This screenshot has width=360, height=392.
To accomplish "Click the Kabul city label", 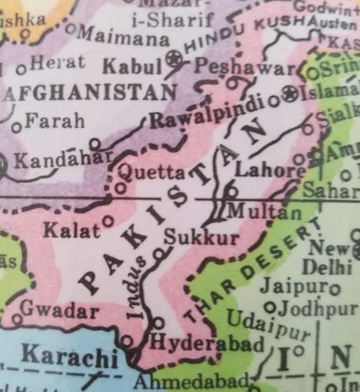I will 132,66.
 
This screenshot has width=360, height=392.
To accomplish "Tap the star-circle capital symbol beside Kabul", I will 173,59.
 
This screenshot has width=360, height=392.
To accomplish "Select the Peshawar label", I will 241,67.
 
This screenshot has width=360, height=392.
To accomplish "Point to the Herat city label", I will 57,63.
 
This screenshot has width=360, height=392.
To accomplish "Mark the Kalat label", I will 72,229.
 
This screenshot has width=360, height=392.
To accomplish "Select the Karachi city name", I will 69,355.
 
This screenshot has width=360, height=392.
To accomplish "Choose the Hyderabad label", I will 207,342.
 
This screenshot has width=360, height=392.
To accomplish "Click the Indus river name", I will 138,287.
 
